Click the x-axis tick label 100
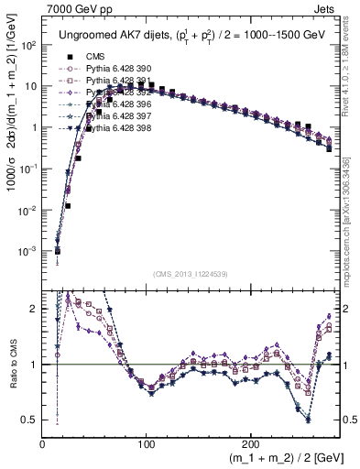[x=147, y=442]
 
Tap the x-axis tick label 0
[x=42, y=442]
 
